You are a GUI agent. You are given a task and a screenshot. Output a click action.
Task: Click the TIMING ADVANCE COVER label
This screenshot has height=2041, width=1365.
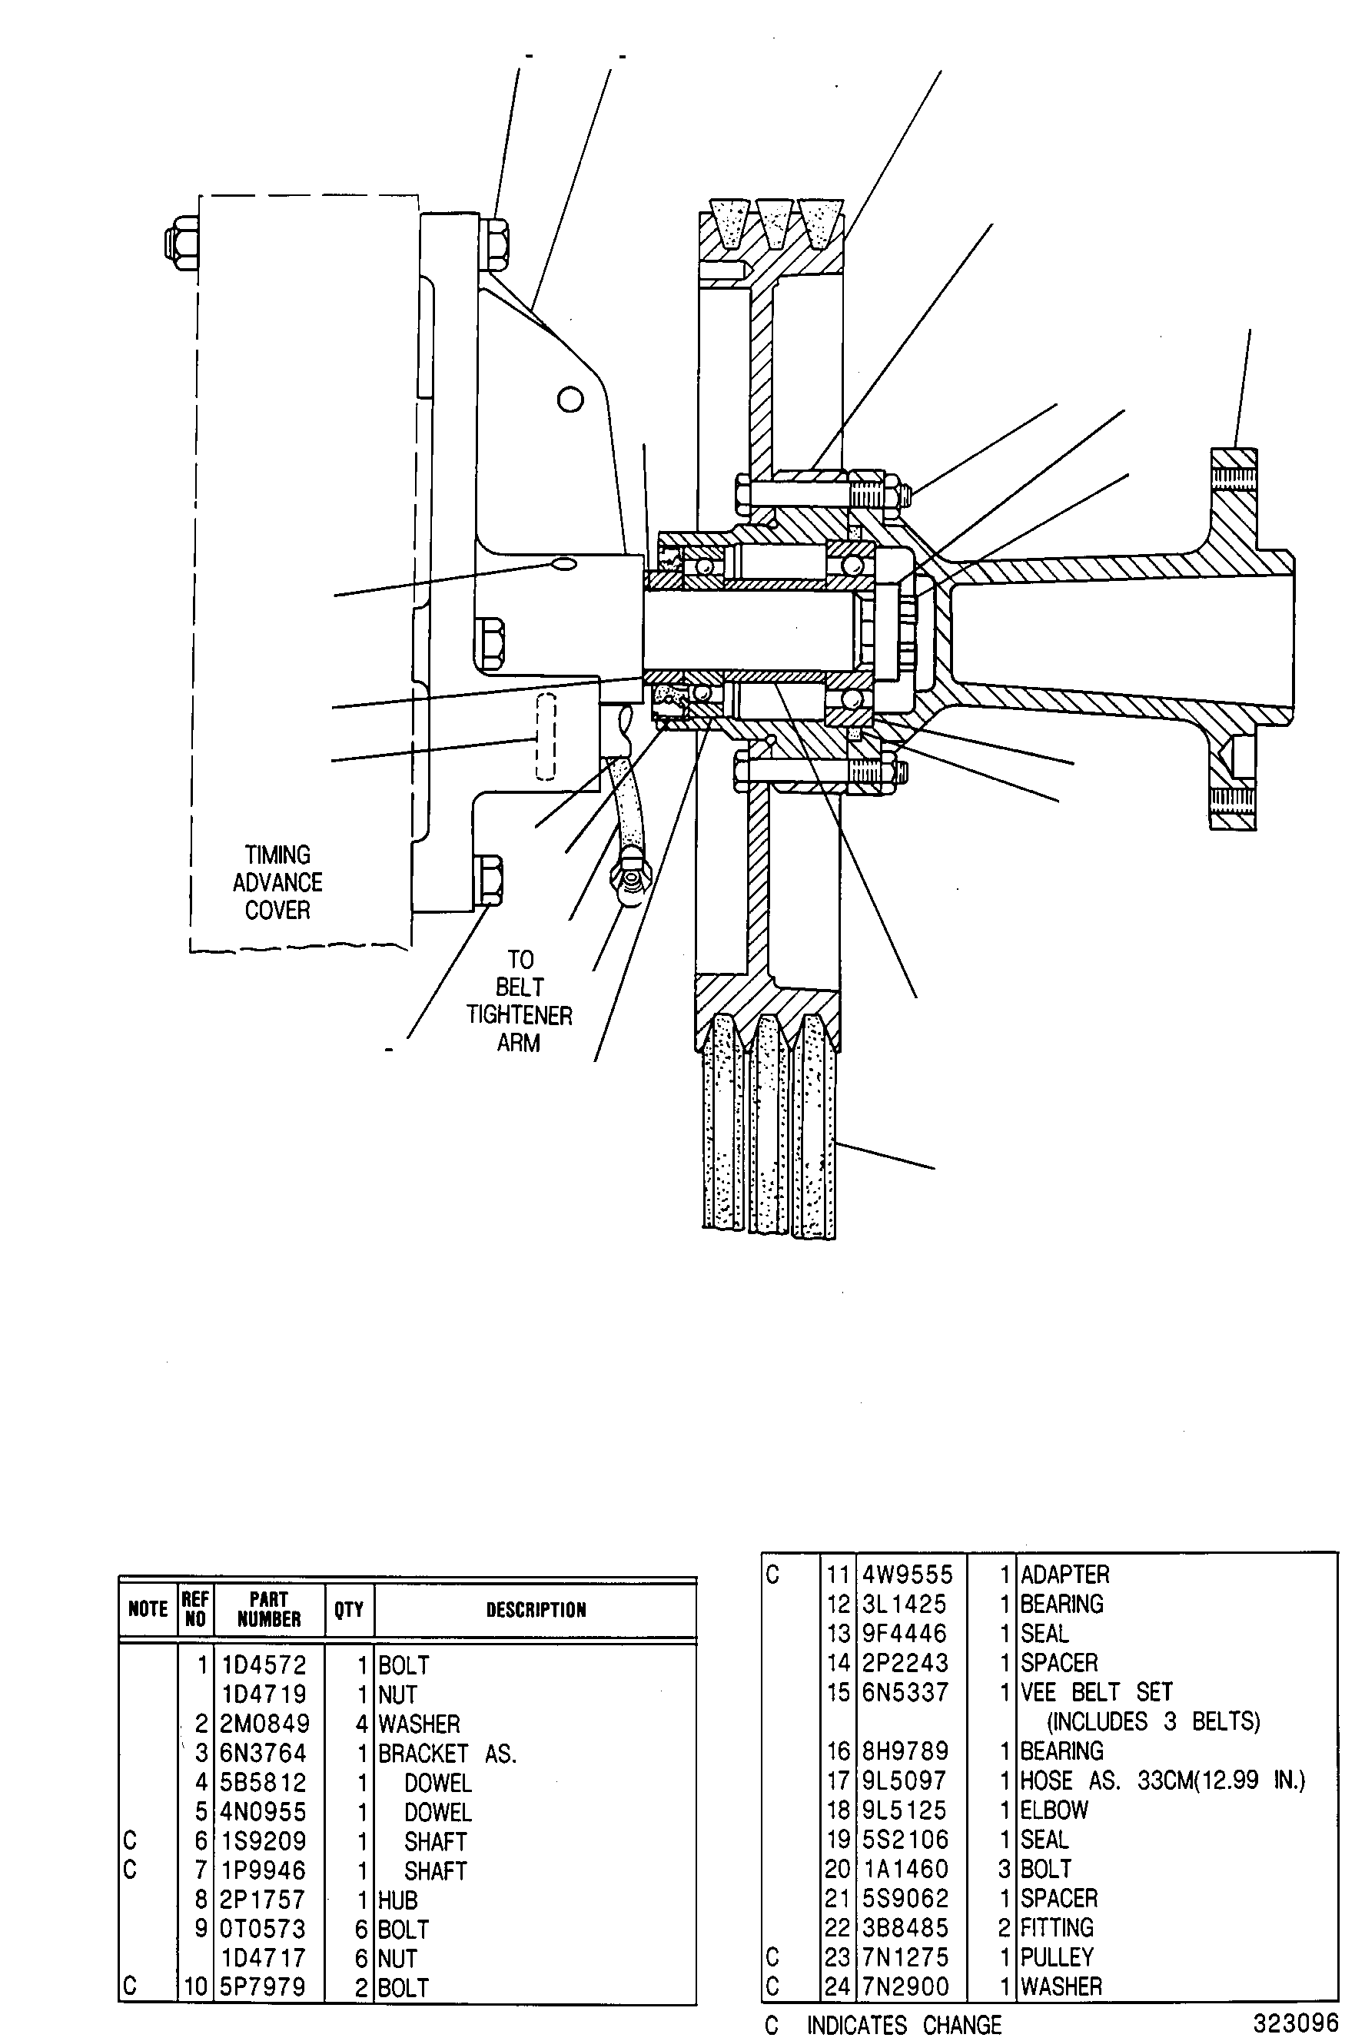click(x=277, y=881)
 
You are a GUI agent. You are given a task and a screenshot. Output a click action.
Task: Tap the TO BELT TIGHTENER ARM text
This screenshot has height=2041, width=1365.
click(x=519, y=1001)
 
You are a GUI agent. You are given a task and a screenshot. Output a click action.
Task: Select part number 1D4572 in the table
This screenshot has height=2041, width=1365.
click(x=263, y=1665)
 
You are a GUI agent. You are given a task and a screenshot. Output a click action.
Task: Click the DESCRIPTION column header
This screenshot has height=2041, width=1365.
click(x=536, y=1609)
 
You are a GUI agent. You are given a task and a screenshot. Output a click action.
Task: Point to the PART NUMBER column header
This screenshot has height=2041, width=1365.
click(x=268, y=1608)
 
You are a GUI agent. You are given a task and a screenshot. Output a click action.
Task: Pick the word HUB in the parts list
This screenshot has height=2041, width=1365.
click(x=398, y=1900)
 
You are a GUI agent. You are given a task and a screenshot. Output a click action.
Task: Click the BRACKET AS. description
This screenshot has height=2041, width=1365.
click(x=447, y=1753)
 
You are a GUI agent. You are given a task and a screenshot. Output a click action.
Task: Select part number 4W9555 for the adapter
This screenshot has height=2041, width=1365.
click(x=907, y=1575)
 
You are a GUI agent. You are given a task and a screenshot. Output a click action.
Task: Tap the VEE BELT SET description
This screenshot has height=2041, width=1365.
click(x=1097, y=1692)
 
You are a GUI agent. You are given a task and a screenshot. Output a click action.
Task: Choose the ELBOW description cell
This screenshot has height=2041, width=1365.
click(x=1054, y=1810)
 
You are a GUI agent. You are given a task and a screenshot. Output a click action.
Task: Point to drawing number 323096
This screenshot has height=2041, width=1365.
click(x=1295, y=2020)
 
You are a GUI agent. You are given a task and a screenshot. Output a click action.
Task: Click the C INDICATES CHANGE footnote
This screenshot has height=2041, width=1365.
click(x=883, y=2024)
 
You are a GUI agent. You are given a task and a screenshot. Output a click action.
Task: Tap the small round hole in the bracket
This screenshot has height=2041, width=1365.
click(x=570, y=400)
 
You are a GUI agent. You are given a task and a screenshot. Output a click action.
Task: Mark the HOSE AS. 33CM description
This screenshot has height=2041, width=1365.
click(x=1163, y=1780)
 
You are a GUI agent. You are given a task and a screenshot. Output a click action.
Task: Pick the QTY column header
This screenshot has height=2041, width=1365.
click(x=349, y=1609)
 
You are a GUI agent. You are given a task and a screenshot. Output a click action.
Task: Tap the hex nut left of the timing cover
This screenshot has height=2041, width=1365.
click(x=180, y=242)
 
